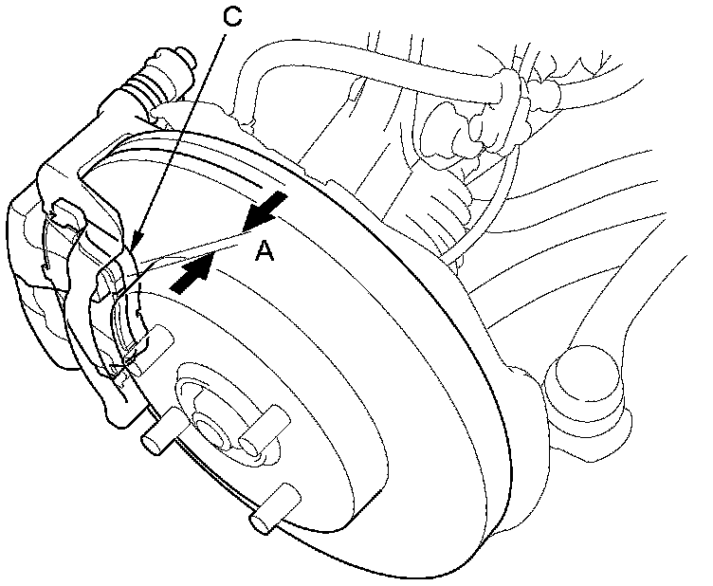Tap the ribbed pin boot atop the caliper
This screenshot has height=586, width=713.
pos(161,71)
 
